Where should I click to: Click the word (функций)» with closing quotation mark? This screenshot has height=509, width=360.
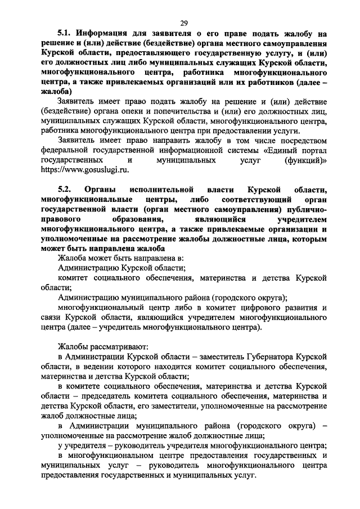pos(306,160)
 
